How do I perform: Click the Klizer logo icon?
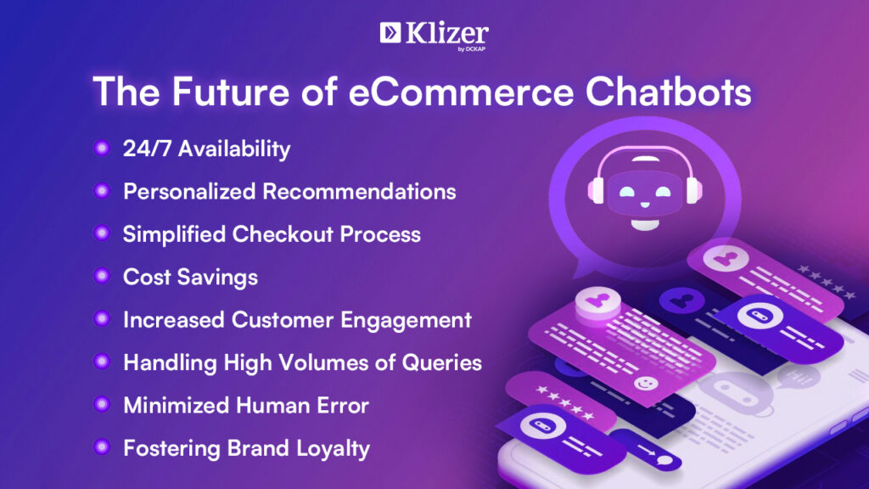pyautogui.click(x=390, y=32)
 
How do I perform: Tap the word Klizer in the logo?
pyautogui.click(x=447, y=33)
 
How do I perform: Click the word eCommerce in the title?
pyautogui.click(x=461, y=92)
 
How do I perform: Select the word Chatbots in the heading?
pyautogui.click(x=669, y=92)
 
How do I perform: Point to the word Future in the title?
pyautogui.click(x=231, y=92)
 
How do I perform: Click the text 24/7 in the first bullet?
pyautogui.click(x=147, y=149)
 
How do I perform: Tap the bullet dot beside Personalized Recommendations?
pyautogui.click(x=102, y=191)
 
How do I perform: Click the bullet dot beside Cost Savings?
pyautogui.click(x=102, y=276)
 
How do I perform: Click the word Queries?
pyautogui.click(x=441, y=363)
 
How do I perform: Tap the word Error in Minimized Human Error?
pyautogui.click(x=343, y=405)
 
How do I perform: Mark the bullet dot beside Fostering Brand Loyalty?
pyautogui.click(x=102, y=447)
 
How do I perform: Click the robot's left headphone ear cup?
pyautogui.click(x=596, y=190)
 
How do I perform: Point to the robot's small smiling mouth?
pyautogui.click(x=645, y=205)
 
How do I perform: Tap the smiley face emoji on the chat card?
pyautogui.click(x=645, y=383)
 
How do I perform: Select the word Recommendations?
pyautogui.click(x=359, y=191)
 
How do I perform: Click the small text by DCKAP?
pyautogui.click(x=472, y=48)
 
